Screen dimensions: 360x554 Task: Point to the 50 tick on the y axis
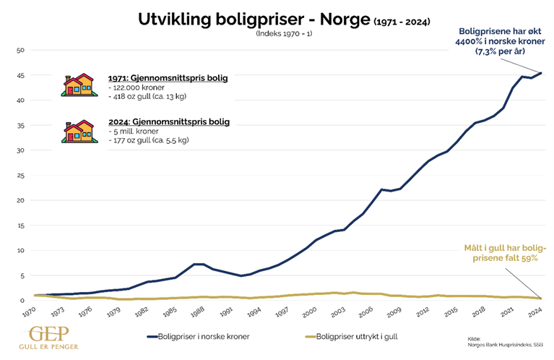point(22,50)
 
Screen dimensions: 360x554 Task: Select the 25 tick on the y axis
point(22,175)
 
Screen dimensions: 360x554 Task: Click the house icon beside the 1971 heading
point(79,85)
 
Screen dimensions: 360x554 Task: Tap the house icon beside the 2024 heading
point(79,130)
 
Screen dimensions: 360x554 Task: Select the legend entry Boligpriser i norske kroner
point(202,336)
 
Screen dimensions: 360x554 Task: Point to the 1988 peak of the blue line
point(199,264)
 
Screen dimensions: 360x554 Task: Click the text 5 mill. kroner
point(137,132)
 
